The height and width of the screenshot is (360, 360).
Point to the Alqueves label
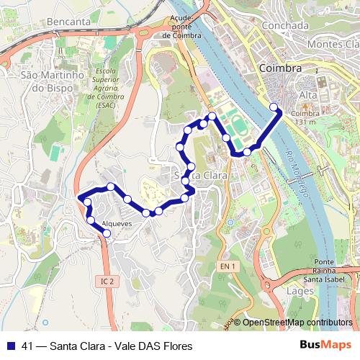click(117, 224)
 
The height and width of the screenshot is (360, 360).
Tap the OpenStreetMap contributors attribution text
click(297, 323)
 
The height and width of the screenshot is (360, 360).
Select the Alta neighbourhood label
click(308, 94)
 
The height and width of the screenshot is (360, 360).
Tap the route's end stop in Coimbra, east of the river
click(274, 108)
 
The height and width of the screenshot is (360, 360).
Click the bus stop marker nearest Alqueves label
click(107, 233)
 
